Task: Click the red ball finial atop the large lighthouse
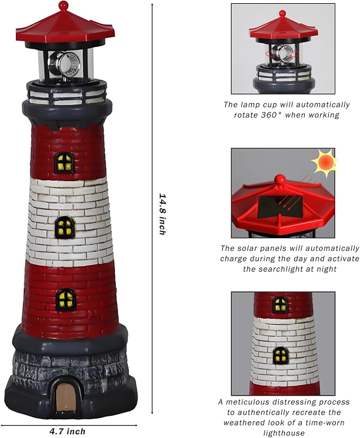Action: (x=64, y=6)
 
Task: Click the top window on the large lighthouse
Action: (x=65, y=163)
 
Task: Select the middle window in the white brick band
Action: (x=65, y=228)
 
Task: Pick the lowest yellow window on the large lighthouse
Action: (x=66, y=300)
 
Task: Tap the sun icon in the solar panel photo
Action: (x=323, y=163)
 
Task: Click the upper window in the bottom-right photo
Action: (x=280, y=305)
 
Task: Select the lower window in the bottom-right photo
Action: (x=280, y=355)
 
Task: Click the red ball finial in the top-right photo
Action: (x=283, y=13)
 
